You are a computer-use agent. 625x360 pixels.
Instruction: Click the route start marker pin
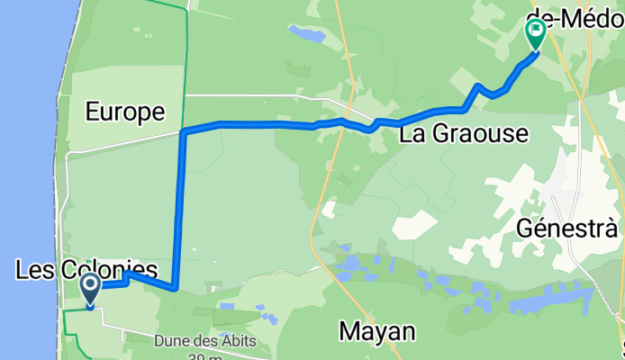click(92, 289)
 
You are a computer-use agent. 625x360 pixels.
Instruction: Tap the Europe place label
click(125, 112)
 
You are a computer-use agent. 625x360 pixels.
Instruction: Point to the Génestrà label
click(557, 229)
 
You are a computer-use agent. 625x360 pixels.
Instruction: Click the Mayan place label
click(377, 331)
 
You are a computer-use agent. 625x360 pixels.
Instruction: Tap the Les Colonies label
click(86, 269)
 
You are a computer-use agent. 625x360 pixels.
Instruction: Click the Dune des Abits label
click(205, 341)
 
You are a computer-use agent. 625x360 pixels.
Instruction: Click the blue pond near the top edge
click(307, 35)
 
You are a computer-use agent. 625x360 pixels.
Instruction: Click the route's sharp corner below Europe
click(184, 133)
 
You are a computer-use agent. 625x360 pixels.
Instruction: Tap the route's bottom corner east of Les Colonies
click(174, 288)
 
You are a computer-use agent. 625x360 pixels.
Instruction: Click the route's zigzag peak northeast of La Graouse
click(478, 85)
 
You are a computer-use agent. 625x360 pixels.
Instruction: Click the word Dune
click(171, 341)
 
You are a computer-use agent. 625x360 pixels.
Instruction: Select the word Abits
click(239, 341)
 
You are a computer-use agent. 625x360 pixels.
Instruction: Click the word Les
click(32, 269)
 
